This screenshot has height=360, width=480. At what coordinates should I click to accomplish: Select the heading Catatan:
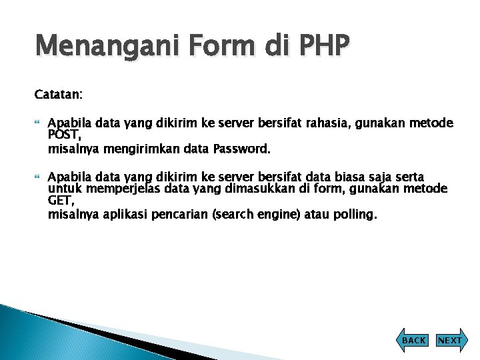59,95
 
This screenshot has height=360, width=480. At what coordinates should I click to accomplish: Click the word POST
64,135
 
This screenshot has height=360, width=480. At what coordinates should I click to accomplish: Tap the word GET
61,201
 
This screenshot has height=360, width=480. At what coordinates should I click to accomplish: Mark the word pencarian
183,215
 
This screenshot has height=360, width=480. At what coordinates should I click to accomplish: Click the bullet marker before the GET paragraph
37,177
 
